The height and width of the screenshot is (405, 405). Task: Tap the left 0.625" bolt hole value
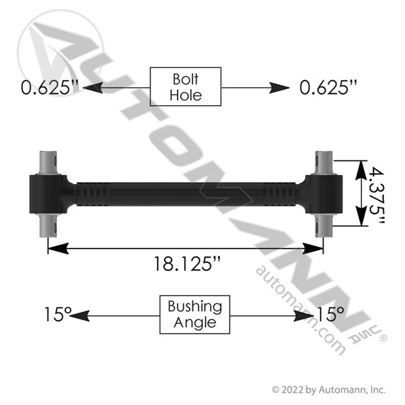pos(49,87)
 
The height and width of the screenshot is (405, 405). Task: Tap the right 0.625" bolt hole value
pos(328,87)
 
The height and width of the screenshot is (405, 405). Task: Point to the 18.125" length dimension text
pos(187,264)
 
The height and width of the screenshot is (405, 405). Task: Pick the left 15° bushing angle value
pos(58,314)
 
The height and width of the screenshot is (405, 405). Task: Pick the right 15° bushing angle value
pos(331,314)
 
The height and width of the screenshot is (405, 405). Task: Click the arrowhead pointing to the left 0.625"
pos(93,88)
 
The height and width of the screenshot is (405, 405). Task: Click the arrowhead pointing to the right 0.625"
pos(279,88)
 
